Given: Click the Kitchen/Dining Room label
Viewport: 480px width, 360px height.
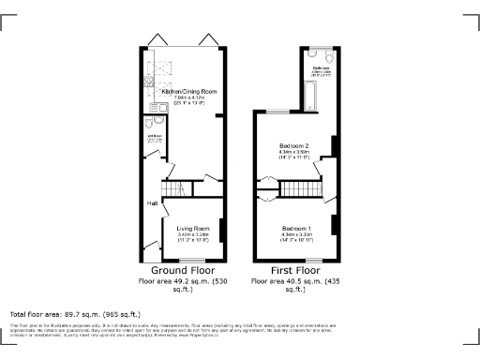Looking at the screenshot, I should (x=191, y=91).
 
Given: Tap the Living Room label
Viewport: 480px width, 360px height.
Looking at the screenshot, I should (x=193, y=229).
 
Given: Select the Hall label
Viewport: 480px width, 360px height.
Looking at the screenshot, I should (x=151, y=203).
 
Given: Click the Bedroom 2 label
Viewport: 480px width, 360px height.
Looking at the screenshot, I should (x=295, y=146).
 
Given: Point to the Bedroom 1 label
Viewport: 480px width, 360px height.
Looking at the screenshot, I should (x=295, y=228).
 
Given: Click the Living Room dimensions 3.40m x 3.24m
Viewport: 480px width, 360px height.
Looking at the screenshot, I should (x=193, y=236).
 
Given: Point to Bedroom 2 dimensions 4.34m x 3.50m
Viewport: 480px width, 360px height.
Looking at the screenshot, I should (x=295, y=154).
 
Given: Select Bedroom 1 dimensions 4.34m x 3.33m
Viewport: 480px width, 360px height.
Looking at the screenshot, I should (x=295, y=235).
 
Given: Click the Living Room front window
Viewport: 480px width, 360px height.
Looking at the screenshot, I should (x=194, y=259).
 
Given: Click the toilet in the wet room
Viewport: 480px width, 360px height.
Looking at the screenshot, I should (x=150, y=123).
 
